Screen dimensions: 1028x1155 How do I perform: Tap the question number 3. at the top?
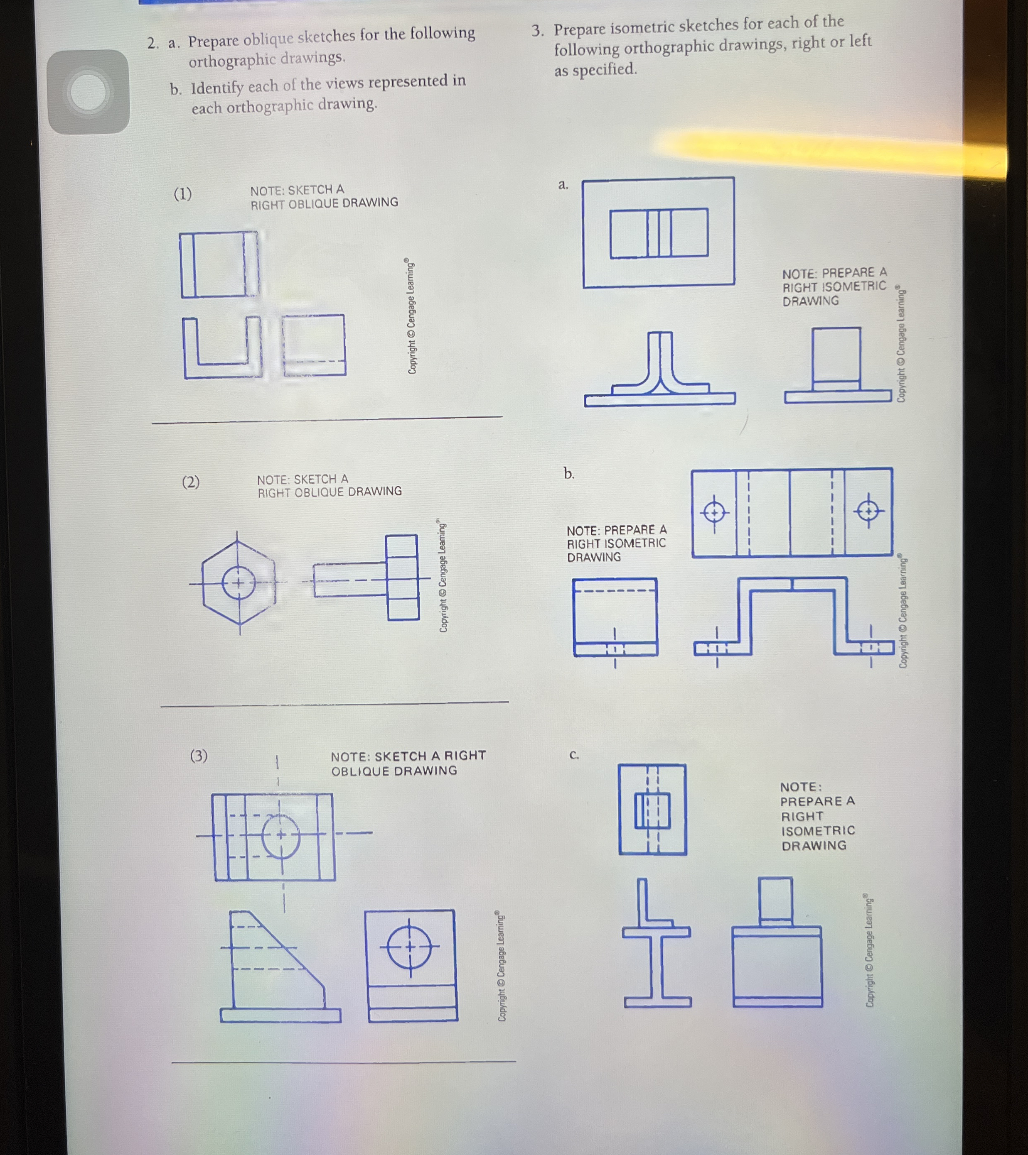538,30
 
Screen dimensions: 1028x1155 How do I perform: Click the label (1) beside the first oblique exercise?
183,194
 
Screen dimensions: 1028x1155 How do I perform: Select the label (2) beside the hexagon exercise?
191,482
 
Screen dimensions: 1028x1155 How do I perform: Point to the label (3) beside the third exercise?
199,756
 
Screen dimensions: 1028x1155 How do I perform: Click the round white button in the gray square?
88,91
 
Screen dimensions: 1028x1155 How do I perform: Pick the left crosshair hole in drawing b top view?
714,512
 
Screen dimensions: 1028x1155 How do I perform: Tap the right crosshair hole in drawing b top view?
868,511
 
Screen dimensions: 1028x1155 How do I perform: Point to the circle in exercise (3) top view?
281,836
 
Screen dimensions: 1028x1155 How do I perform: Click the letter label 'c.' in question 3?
574,755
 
